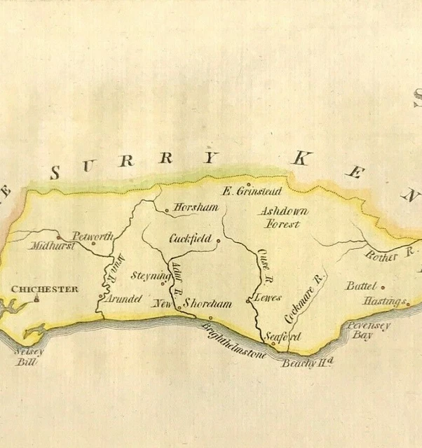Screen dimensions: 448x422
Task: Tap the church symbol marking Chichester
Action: click(x=37, y=297)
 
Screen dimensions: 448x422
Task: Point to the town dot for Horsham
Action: click(x=166, y=209)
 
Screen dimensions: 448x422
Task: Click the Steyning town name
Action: click(x=150, y=276)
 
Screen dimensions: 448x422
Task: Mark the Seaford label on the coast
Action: click(x=284, y=337)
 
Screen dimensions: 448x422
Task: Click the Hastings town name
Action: click(x=384, y=302)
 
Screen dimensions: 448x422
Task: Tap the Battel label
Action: click(x=362, y=286)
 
